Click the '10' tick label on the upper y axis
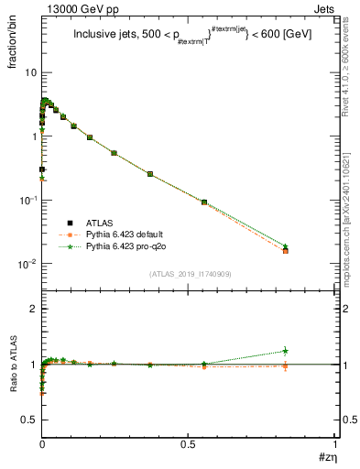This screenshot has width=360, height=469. pyautogui.click(x=30, y=72)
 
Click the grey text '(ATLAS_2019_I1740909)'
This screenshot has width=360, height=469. pyautogui.click(x=190, y=274)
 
